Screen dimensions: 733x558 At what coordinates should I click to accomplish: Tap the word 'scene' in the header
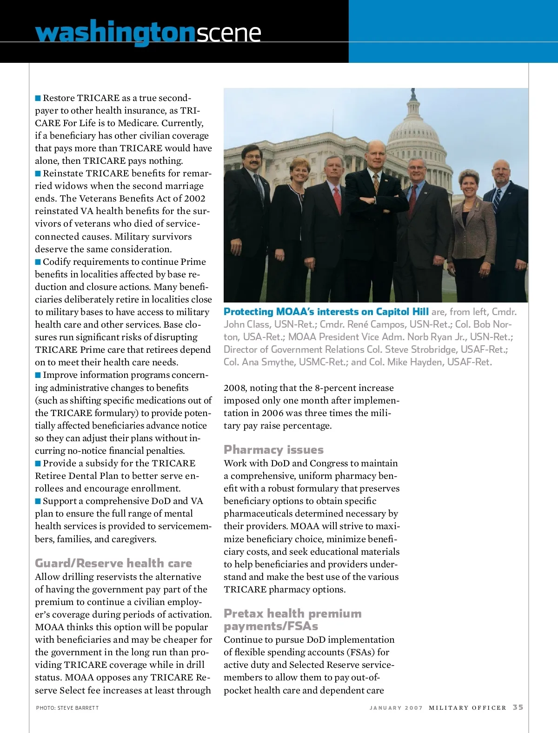click(228, 33)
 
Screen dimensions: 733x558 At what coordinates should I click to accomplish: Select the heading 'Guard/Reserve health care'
click(113, 563)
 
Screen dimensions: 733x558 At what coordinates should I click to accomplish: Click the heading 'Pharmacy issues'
click(273, 450)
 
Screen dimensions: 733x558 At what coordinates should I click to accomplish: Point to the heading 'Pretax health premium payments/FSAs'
click(292, 619)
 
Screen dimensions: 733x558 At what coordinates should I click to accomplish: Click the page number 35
click(518, 707)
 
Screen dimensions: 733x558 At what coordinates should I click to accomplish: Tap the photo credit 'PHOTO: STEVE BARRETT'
click(67, 708)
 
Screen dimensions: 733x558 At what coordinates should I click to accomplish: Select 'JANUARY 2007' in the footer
click(396, 708)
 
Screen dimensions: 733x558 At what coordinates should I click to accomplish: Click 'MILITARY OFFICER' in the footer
click(467, 708)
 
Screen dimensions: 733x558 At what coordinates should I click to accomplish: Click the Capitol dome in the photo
click(413, 130)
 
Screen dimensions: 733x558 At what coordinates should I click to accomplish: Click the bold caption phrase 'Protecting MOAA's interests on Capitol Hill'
click(326, 312)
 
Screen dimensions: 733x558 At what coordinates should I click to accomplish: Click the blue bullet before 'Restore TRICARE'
click(38, 98)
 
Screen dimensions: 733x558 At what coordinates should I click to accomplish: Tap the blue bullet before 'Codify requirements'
click(38, 262)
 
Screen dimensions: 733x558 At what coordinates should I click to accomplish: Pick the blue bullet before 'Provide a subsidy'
click(38, 464)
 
